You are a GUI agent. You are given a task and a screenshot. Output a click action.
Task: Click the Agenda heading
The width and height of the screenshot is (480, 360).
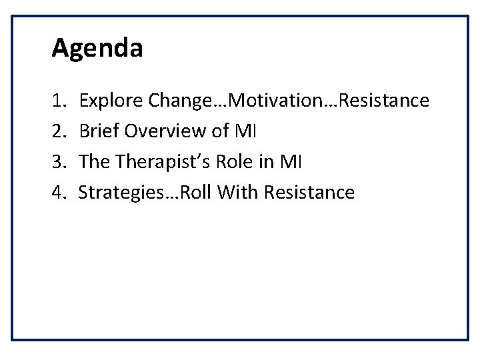97,49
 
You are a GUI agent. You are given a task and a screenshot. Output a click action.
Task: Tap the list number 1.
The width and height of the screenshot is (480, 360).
57,101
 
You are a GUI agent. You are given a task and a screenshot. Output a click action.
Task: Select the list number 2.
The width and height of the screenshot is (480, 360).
57,132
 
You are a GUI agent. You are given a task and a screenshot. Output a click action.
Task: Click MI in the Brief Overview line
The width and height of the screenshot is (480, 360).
246,132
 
